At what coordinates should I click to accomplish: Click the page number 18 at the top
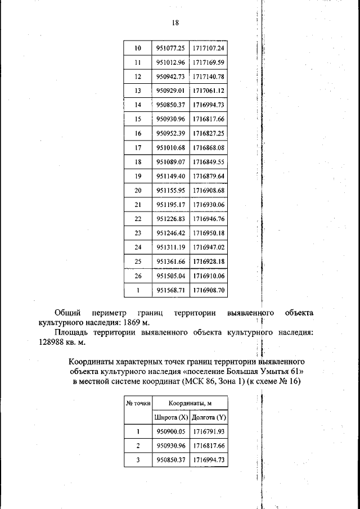coord(175,23)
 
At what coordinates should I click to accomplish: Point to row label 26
coord(138,276)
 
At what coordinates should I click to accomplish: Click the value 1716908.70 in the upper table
coord(208,290)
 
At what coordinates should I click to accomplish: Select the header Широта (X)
coord(170,417)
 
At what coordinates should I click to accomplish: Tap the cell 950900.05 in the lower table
coord(170,431)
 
